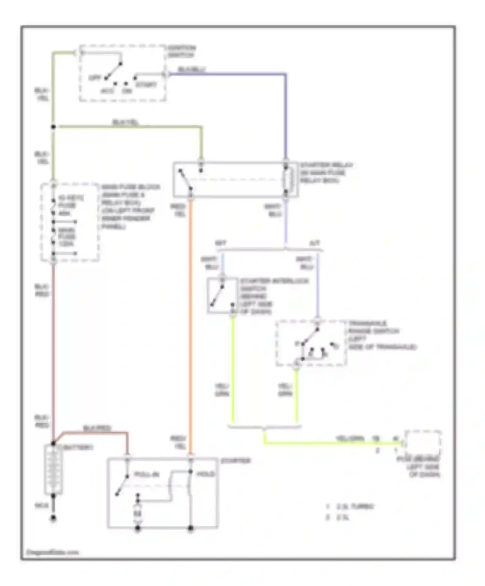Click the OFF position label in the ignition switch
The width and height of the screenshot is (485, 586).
click(x=94, y=78)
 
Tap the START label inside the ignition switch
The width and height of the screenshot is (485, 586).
click(x=146, y=85)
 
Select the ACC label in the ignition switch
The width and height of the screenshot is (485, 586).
click(x=107, y=91)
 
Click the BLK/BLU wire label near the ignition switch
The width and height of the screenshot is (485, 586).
click(x=192, y=69)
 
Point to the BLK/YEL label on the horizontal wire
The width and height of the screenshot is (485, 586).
click(x=125, y=122)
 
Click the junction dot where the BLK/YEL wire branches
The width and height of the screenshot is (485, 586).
click(x=53, y=127)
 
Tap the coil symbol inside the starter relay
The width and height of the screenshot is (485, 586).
click(x=289, y=180)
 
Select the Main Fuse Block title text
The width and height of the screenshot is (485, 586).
click(x=131, y=187)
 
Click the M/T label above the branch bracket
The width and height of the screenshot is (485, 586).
click(x=221, y=243)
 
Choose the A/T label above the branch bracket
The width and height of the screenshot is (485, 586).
click(x=315, y=243)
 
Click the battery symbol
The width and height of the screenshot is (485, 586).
click(x=53, y=469)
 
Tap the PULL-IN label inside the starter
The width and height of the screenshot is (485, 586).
click(x=146, y=475)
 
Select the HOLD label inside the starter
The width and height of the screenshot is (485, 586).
click(x=206, y=474)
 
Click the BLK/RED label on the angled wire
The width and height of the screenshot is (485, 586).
click(x=97, y=428)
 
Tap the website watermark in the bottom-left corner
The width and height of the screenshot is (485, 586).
click(x=52, y=552)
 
